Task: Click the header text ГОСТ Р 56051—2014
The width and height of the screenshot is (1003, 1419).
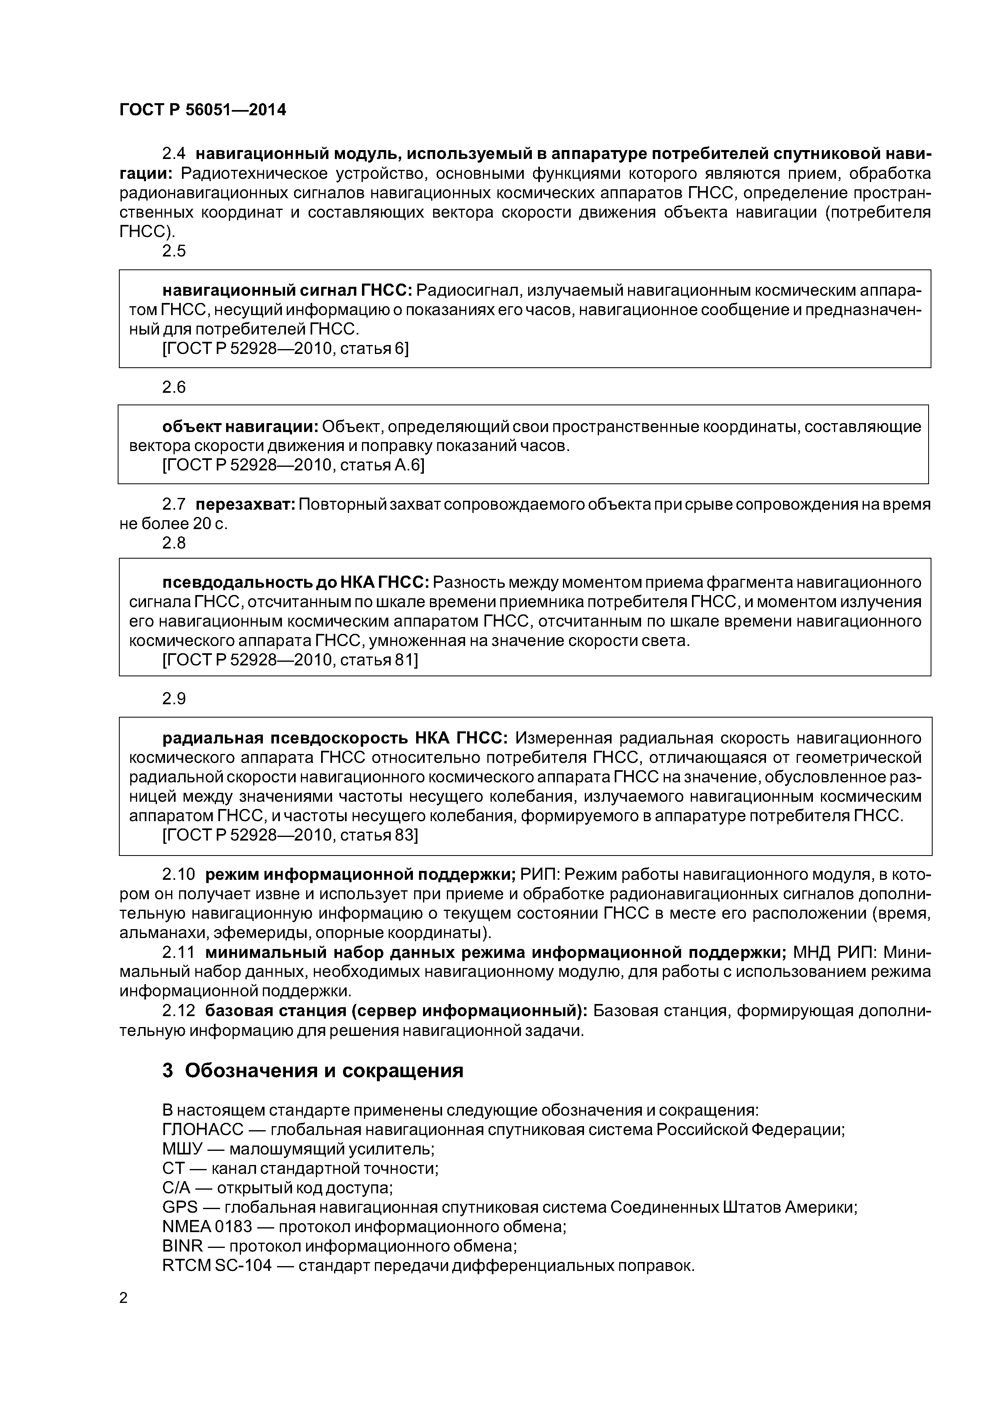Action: tap(203, 110)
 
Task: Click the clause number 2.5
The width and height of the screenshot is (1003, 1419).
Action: tap(174, 251)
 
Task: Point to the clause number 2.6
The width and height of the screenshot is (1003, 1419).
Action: tap(174, 387)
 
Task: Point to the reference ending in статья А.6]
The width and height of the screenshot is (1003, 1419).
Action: tap(293, 465)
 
